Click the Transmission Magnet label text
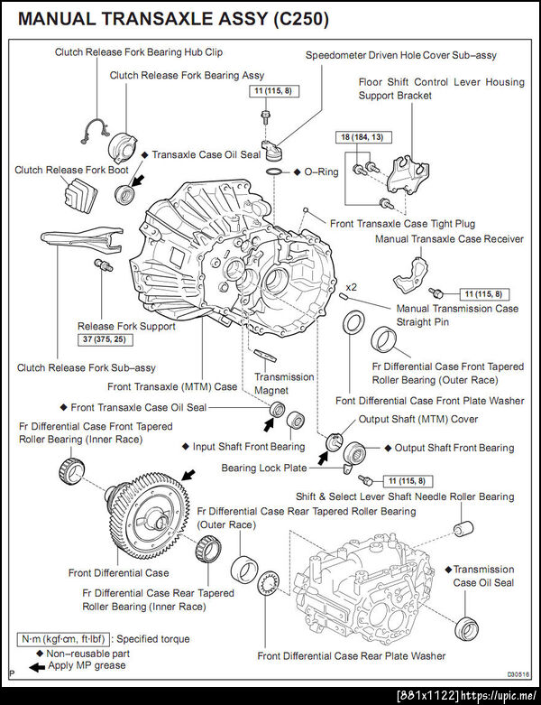pos(284,384)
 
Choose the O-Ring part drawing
pos(275,172)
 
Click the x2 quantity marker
pos(353,287)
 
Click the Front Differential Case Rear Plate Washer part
pos(268,588)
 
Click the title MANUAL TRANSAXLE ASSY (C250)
pos(168,19)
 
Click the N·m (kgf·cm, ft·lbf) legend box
pos(65,638)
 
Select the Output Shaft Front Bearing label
pos(454,448)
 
